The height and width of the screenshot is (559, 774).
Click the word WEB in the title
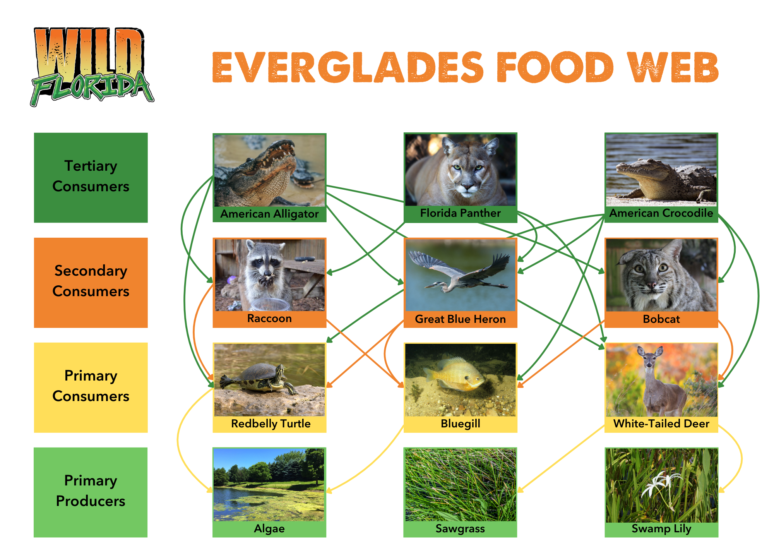click(673, 67)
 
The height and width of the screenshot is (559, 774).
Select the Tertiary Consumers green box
click(91, 177)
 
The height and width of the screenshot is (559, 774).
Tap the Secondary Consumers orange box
click(91, 282)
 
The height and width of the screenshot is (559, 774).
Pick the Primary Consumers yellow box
click(91, 387)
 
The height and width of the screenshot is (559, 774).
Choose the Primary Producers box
click(91, 492)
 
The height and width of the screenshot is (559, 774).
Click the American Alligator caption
click(269, 214)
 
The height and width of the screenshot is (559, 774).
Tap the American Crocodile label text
click(661, 213)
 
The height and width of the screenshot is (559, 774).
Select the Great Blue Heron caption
click(460, 319)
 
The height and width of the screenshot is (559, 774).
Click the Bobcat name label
click(661, 319)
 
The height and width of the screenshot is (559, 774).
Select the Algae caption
click(269, 529)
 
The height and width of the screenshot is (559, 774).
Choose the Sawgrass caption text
click(460, 529)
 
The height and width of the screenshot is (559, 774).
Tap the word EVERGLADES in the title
click(348, 67)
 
